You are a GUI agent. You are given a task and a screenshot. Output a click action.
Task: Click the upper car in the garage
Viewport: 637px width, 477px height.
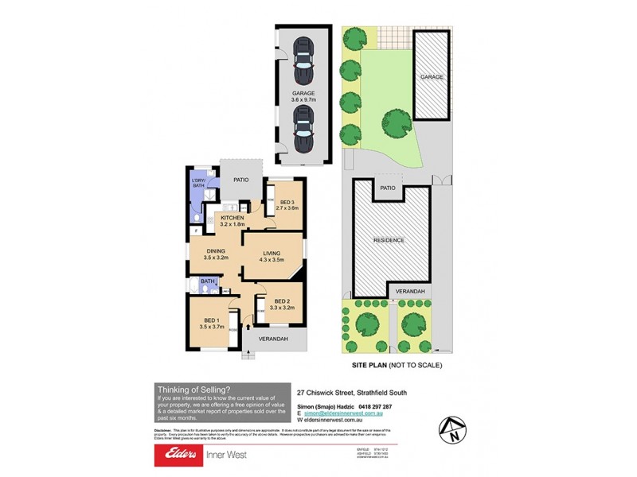point(303,60)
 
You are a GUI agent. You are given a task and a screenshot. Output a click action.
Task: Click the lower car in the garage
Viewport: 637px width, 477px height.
point(303,130)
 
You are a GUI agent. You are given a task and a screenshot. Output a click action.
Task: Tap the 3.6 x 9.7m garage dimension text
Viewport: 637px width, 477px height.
point(303,101)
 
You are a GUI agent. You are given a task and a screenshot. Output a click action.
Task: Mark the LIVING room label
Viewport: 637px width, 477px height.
point(273,254)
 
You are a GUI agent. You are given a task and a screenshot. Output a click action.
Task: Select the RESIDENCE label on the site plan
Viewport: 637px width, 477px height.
point(389,239)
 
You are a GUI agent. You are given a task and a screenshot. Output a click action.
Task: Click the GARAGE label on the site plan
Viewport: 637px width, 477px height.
point(432,77)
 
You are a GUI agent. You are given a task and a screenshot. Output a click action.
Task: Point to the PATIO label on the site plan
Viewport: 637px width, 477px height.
point(388,188)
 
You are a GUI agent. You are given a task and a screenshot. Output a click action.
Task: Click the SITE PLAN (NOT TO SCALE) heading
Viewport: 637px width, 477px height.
point(397,365)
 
